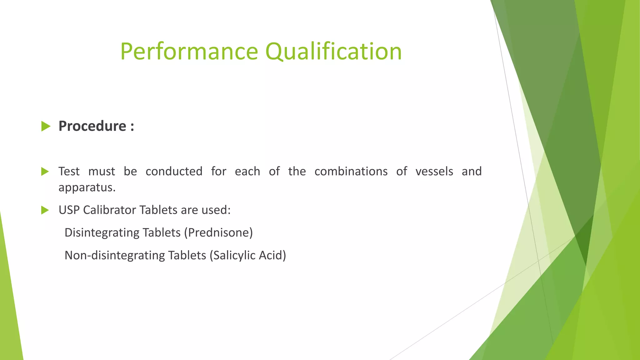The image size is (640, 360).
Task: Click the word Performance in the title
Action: [189, 52]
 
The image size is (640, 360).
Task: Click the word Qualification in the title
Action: [333, 52]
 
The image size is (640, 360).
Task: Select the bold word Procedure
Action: [92, 126]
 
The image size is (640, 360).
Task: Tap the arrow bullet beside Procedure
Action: [46, 127]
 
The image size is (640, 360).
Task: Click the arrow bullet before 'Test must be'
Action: [45, 172]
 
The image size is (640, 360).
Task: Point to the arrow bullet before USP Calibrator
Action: [45, 210]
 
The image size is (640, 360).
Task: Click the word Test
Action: [69, 171]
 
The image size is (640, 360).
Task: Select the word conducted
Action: [174, 171]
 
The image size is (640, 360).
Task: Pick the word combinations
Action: [351, 171]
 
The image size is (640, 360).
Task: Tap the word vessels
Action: [434, 171]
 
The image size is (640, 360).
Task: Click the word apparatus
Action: [87, 187]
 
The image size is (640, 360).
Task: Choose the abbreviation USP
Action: [69, 210]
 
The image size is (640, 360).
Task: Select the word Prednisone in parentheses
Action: [218, 233]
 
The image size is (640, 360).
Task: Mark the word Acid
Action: [272, 255]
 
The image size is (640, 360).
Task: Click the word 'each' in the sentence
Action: [247, 171]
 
